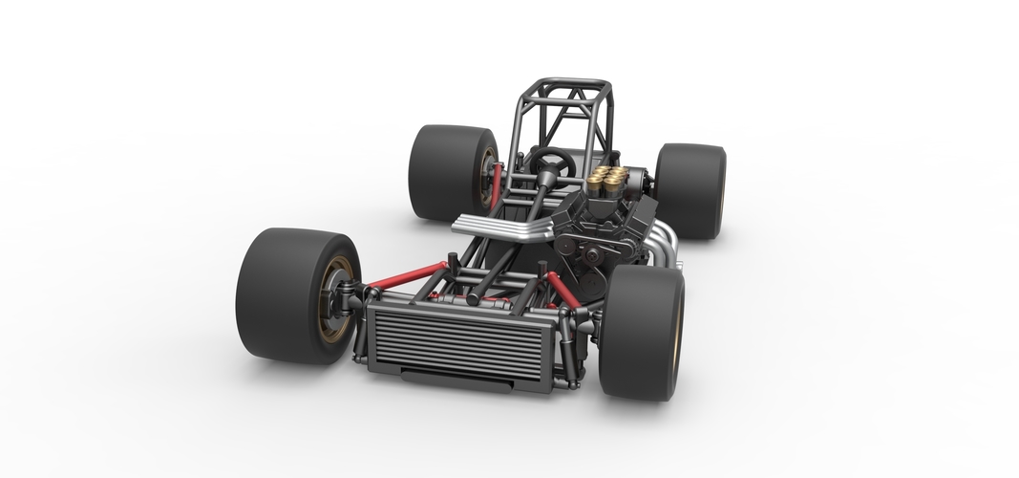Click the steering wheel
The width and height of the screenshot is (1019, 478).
click(x=551, y=163)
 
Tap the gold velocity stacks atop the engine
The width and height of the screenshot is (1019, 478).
click(x=606, y=179)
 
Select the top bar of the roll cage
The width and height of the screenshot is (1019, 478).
click(x=570, y=84)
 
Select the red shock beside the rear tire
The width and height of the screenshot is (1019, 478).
click(x=496, y=185)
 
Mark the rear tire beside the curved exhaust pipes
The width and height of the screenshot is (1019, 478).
click(x=690, y=190)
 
